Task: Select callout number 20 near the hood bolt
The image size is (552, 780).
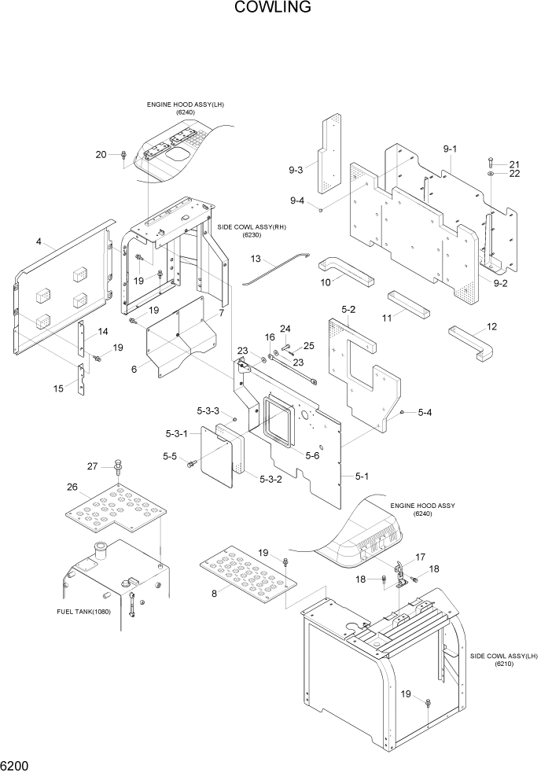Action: [x=101, y=155]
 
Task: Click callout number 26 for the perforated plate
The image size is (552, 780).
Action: [x=72, y=487]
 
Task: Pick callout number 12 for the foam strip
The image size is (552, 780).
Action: [x=491, y=326]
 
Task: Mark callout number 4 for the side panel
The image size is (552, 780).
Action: [x=39, y=242]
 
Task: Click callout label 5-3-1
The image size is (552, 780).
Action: [x=177, y=433]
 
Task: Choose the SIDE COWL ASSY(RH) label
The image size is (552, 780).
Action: [x=252, y=230]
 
